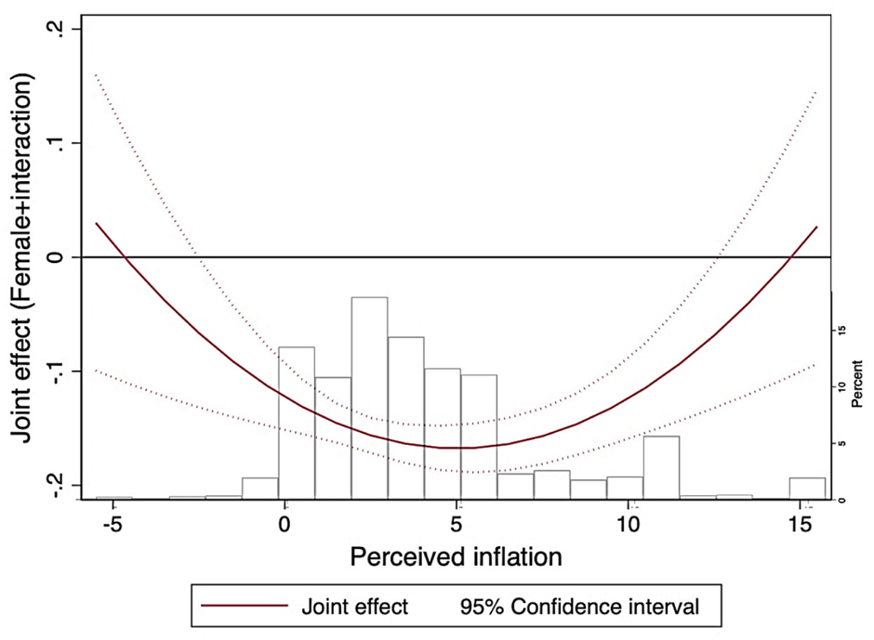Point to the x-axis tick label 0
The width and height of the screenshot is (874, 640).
coord(284,525)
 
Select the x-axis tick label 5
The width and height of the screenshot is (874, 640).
coord(456,525)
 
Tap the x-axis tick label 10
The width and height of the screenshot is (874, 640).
coord(629,525)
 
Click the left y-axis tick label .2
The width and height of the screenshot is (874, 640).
coord(58,30)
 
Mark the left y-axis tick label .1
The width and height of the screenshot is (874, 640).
coord(58,143)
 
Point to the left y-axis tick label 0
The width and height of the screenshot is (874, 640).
coord(58,256)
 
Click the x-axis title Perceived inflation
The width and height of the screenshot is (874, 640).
coord(456,557)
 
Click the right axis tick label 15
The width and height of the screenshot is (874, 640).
coord(841,331)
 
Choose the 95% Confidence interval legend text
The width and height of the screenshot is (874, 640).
coord(578,607)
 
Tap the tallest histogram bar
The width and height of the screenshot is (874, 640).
coord(369,399)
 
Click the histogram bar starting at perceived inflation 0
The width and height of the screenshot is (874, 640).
coord(297,424)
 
